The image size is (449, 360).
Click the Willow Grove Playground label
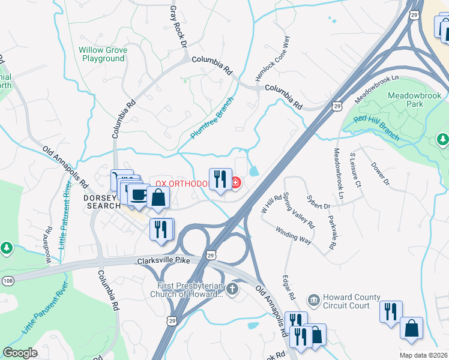pos(103,55)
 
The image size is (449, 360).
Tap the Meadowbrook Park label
pos(414,100)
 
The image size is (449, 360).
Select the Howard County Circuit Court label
pos(351,301)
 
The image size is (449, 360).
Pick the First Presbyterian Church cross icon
pos(232,289)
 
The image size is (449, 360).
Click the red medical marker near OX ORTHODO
pos(235,182)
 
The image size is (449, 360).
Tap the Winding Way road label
pos(294,234)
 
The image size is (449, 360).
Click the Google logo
pos(20,353)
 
